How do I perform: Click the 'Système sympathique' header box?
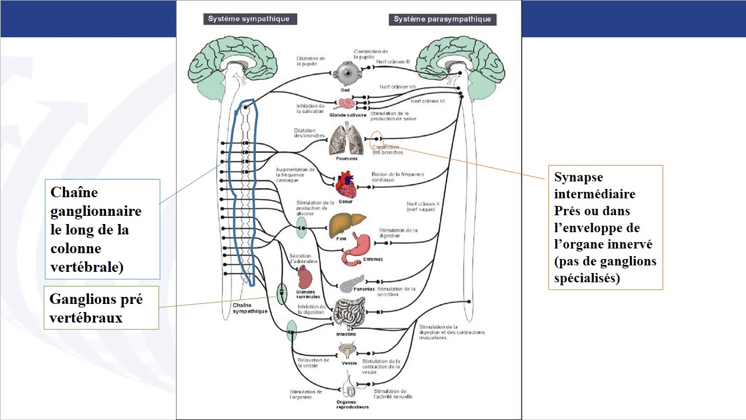point(248,19)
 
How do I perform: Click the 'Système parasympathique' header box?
point(442,19)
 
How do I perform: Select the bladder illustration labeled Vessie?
point(349,350)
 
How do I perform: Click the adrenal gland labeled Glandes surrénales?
point(305,276)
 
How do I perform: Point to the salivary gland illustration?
point(346,104)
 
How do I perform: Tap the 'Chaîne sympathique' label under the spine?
point(249,308)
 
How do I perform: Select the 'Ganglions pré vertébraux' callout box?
point(101,307)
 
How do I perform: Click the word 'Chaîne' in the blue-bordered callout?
point(74,192)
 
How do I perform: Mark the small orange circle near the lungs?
point(376,139)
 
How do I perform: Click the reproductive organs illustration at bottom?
point(350,387)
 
